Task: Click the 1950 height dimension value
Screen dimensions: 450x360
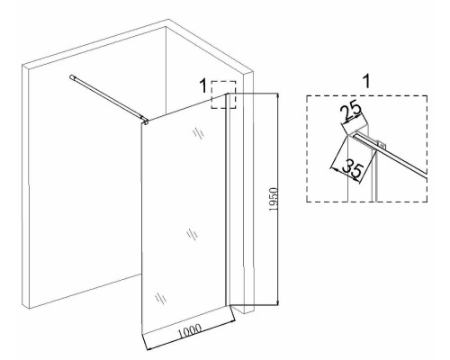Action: click(x=274, y=200)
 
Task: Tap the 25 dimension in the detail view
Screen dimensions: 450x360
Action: click(x=350, y=112)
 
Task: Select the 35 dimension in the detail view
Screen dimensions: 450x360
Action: click(x=354, y=168)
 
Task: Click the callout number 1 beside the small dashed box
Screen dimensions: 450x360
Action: click(x=203, y=85)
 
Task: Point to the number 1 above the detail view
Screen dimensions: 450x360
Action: click(x=366, y=82)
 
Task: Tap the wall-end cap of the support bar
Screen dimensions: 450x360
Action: click(x=72, y=77)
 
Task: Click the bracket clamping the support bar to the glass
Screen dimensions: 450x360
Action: click(x=146, y=121)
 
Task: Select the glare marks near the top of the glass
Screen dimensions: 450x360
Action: click(x=198, y=133)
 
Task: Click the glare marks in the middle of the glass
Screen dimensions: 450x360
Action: click(x=192, y=234)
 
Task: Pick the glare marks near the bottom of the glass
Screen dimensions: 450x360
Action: click(x=161, y=298)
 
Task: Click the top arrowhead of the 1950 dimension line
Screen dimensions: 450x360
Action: click(x=278, y=96)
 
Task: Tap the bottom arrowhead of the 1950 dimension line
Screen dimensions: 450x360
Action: click(x=278, y=302)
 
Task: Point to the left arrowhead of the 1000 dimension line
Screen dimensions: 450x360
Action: click(x=149, y=347)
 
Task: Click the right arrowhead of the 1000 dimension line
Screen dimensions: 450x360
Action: click(x=232, y=322)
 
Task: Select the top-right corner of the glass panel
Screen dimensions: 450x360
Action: click(x=226, y=94)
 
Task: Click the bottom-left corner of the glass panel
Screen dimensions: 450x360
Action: click(x=141, y=334)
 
